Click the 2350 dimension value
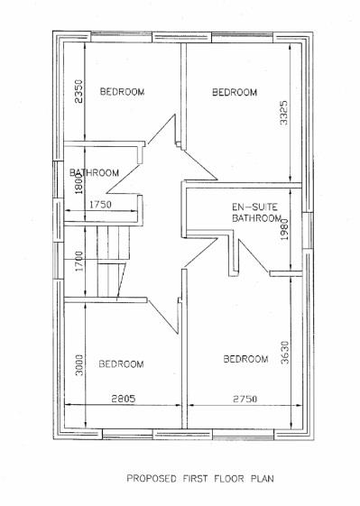pos(78,92)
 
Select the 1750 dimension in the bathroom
pos(101,205)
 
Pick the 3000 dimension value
pos(79,365)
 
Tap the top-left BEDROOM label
pos(122,92)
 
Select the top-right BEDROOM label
pos(234,92)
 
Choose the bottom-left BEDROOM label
pos(121,364)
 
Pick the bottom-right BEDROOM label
pos(245,360)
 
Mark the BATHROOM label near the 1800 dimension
pos(96,173)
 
